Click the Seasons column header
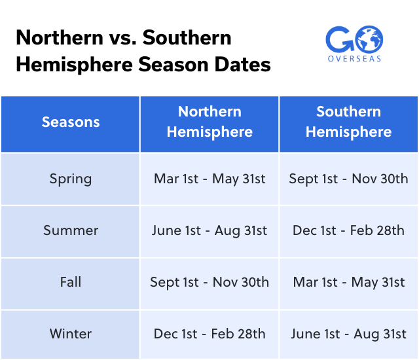pyautogui.click(x=71, y=122)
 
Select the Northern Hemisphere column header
pyautogui.click(x=209, y=122)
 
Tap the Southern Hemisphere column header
pyautogui.click(x=348, y=122)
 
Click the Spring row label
pyautogui.click(x=71, y=179)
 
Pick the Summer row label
pyautogui.click(x=71, y=230)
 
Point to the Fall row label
pyautogui.click(x=71, y=282)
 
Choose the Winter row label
pyautogui.click(x=71, y=334)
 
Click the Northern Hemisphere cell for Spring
pyautogui.click(x=209, y=179)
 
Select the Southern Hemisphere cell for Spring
pyautogui.click(x=348, y=179)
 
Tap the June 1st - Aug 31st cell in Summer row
pyautogui.click(x=209, y=230)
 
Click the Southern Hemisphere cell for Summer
pyautogui.click(x=348, y=230)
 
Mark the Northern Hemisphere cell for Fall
pyautogui.click(x=209, y=282)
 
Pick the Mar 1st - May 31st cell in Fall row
pyautogui.click(x=348, y=282)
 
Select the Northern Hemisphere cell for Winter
pyautogui.click(x=209, y=334)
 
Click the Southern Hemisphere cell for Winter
pyautogui.click(x=348, y=334)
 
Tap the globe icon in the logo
pyautogui.click(x=369, y=39)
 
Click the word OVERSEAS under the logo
pyautogui.click(x=354, y=58)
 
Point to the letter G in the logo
pyautogui.click(x=339, y=39)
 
